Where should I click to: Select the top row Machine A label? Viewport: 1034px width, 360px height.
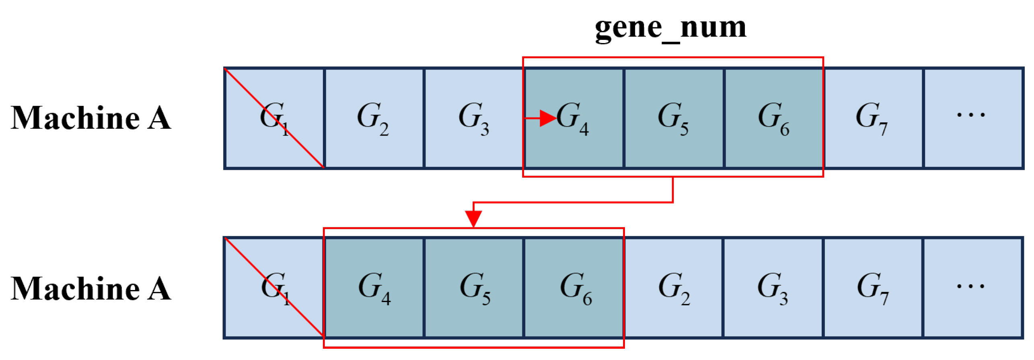91,118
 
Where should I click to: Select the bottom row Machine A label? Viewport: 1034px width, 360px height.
91,289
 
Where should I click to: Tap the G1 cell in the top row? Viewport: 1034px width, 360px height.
274,118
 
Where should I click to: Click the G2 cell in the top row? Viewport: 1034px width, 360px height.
374,118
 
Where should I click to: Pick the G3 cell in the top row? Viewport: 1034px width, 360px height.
474,118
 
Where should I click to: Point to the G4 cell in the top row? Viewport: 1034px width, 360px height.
574,118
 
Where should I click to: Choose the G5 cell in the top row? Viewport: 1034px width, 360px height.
674,118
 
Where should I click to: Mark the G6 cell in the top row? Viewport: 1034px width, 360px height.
773,118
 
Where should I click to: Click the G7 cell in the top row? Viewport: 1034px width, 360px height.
873,118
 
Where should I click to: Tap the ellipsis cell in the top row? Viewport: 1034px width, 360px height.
972,118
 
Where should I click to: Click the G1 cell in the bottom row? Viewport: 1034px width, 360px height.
274,288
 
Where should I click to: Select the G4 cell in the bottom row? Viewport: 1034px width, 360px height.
374,288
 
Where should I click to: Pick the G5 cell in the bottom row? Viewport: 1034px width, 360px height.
474,288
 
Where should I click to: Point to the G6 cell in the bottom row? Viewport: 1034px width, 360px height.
574,288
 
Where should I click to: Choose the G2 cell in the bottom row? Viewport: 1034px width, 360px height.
674,288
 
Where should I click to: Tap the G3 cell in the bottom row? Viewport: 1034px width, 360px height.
773,288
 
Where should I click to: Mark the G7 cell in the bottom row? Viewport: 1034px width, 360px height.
873,288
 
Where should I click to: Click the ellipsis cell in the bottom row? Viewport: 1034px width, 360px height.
972,288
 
